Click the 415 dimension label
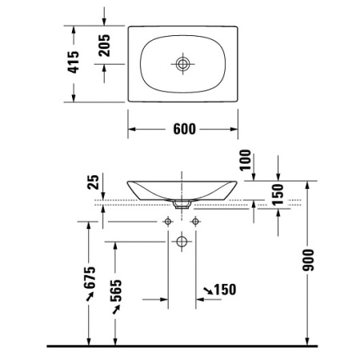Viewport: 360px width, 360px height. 73,62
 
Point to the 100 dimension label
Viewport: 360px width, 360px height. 245,160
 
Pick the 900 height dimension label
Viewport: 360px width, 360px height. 309,258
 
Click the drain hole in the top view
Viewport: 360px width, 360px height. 183,63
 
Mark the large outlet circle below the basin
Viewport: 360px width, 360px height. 182,240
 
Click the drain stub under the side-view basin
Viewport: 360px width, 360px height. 182,205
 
